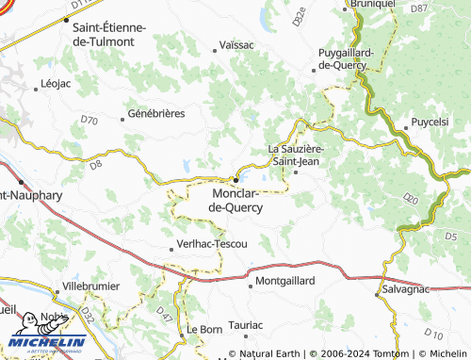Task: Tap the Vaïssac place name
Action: tap(236, 44)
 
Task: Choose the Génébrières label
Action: tap(156, 113)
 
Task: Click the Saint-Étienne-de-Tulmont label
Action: tap(109, 34)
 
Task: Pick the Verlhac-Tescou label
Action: tap(212, 244)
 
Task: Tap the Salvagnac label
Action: tap(407, 289)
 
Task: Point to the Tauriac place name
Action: tap(246, 324)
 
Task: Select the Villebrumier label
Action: tap(91, 285)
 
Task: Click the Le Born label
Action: tap(203, 329)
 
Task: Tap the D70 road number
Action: tap(89, 121)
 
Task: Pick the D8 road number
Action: tap(95, 165)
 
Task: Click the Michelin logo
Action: tap(47, 333)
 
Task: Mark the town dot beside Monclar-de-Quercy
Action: tap(235, 180)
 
